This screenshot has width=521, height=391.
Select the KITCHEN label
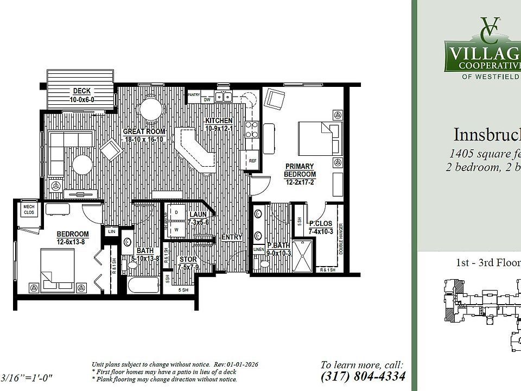pos(219,121)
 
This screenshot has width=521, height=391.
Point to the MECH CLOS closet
pos(28,209)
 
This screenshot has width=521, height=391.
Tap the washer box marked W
pos(176,229)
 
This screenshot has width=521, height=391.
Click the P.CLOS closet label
pos(320,223)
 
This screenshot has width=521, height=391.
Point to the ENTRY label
pos(231,237)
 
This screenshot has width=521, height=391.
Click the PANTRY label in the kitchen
pos(194,94)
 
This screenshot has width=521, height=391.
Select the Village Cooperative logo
pos(483,46)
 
